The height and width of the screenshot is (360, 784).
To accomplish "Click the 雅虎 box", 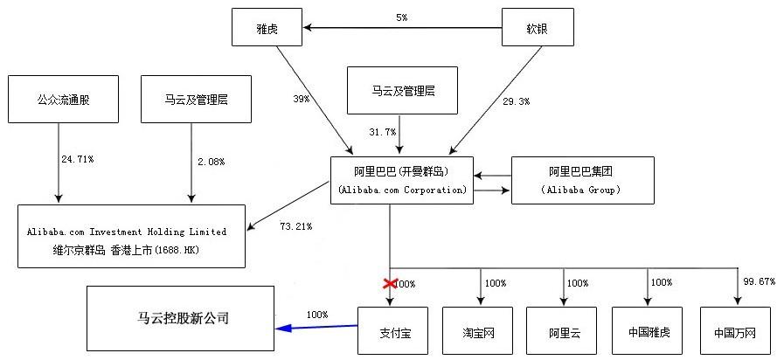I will point(267,27).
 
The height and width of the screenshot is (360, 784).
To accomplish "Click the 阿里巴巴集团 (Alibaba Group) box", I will point(580,180).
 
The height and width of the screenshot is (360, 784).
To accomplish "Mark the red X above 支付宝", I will point(388,283).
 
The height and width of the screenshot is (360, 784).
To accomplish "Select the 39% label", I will point(301,100).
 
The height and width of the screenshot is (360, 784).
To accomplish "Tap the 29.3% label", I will point(516,101).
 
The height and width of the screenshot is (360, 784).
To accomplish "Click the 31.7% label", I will point(383,131).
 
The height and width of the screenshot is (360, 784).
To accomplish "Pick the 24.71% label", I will point(78,160).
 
